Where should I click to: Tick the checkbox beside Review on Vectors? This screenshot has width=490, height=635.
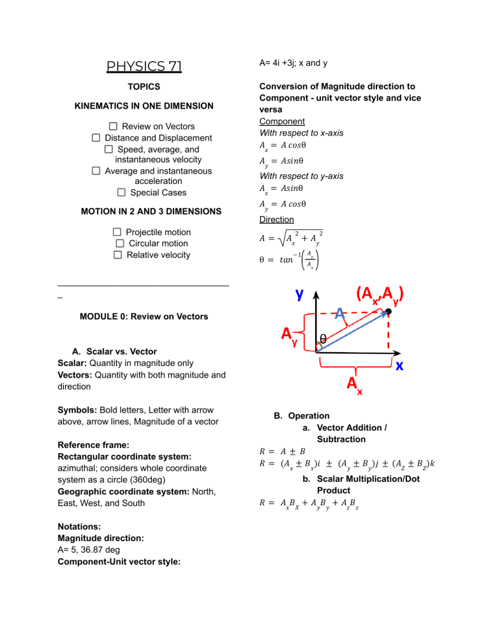pos(113,126)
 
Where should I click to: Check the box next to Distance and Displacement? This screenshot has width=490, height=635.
pos(96,138)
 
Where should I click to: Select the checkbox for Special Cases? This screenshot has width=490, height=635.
pos(121,192)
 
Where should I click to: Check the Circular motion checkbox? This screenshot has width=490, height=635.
pos(119,243)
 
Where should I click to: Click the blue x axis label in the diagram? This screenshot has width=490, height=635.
pos(399,365)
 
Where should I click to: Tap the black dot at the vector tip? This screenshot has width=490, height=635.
pos(387,312)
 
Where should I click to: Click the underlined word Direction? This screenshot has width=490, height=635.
pos(276,220)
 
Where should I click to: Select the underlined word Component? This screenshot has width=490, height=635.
pos(282,121)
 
